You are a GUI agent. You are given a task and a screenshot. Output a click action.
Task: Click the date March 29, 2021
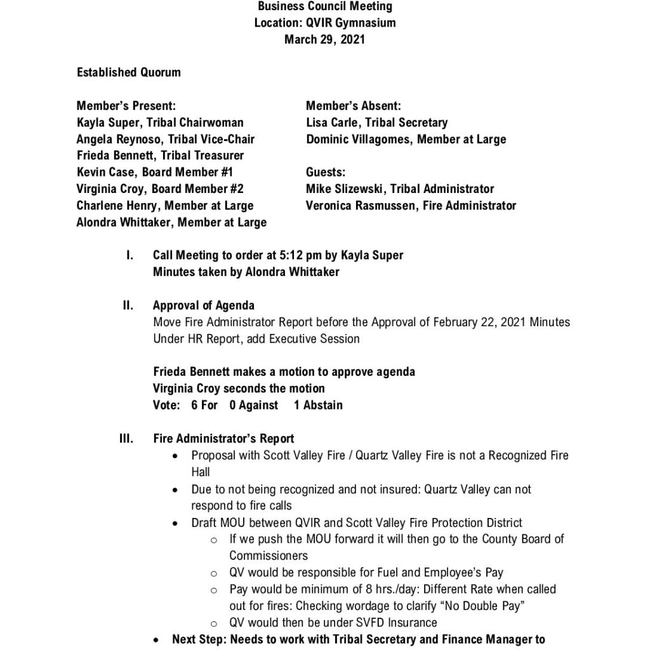[324, 39]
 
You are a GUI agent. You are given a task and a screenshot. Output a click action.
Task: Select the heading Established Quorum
[129, 72]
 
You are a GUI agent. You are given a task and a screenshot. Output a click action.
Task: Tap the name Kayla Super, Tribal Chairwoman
[160, 123]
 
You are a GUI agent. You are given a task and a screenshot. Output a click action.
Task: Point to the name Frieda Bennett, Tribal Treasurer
[160, 156]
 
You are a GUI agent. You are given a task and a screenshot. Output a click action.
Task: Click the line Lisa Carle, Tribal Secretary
[376, 123]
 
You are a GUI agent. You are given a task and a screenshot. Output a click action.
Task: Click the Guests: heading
[326, 172]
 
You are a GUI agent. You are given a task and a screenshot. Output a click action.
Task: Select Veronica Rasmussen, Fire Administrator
[411, 205]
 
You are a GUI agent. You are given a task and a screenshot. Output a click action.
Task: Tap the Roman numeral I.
[129, 255]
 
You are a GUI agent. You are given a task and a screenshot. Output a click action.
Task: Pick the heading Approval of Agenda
[204, 305]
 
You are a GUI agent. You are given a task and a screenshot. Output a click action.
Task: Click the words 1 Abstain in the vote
[318, 405]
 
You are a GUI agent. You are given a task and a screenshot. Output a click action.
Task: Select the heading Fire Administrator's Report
[223, 439]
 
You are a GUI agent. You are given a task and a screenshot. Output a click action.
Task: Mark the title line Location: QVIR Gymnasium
[324, 23]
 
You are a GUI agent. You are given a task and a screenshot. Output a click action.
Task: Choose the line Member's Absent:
[353, 106]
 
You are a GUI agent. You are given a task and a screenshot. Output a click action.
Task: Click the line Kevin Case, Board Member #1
[155, 172]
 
